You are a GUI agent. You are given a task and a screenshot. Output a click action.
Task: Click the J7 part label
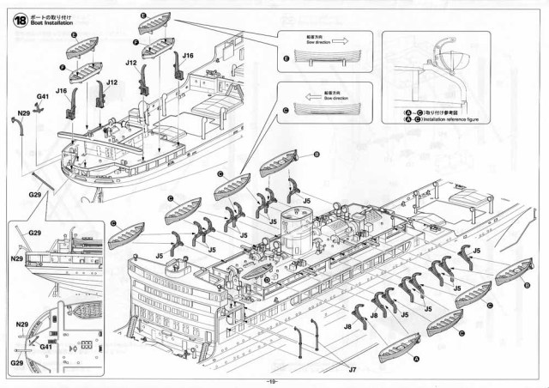coord(353,367)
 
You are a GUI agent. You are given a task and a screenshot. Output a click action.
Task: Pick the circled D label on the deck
coord(268,278)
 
